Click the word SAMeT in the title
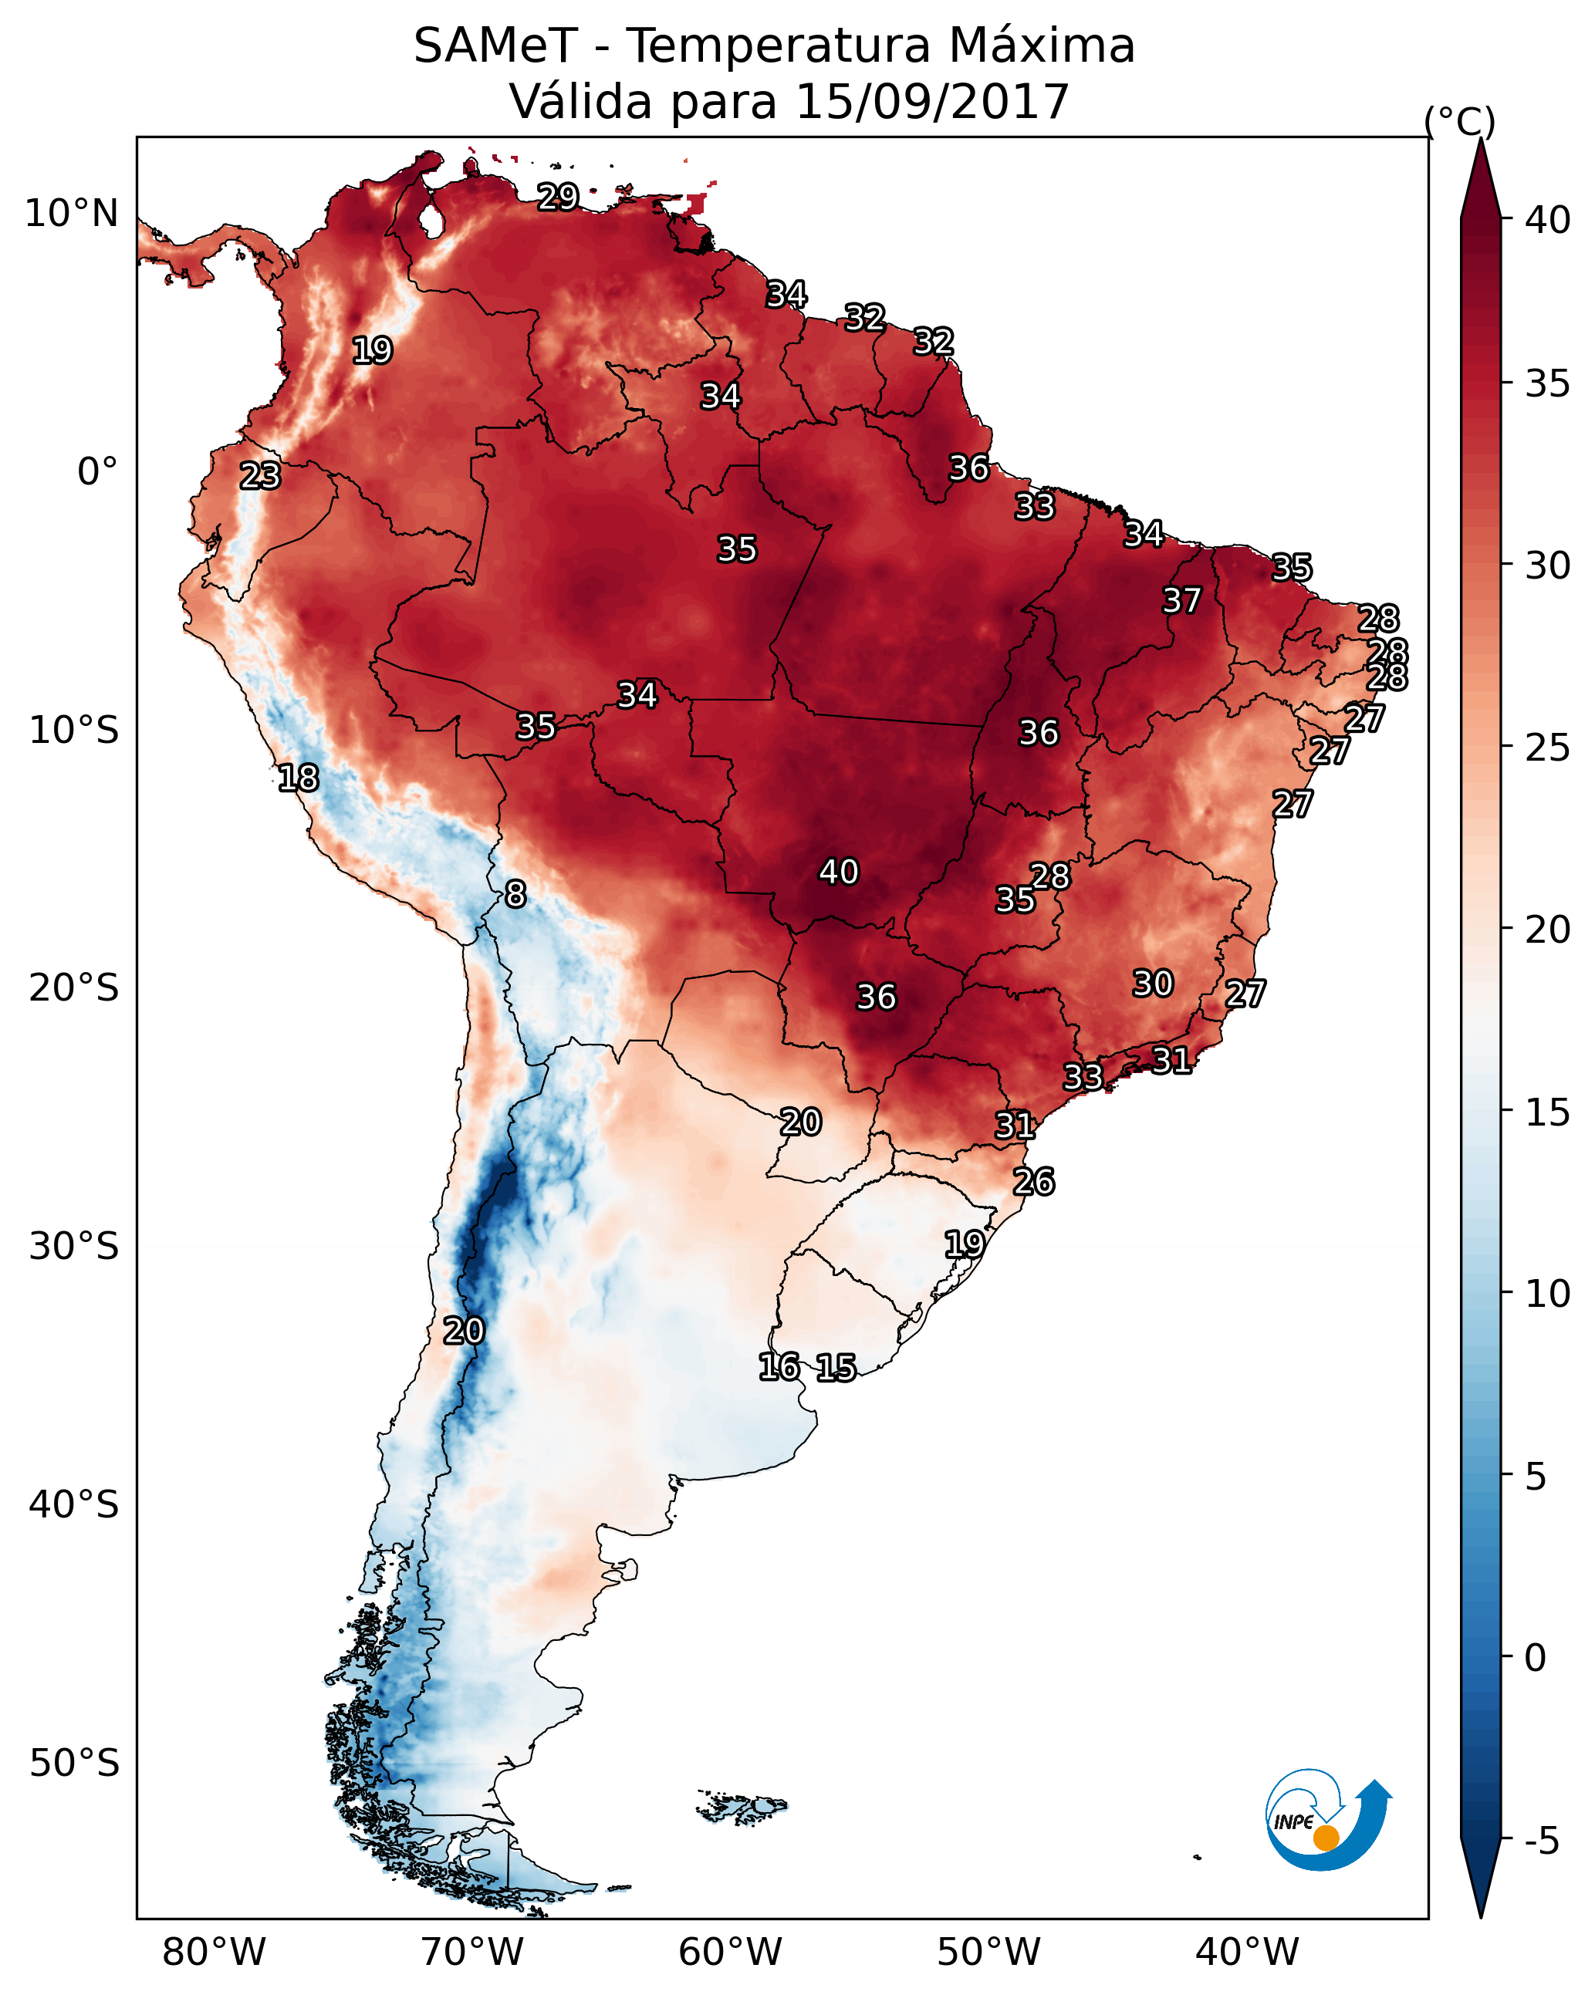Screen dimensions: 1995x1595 (495, 46)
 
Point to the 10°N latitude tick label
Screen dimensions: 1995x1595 (71, 214)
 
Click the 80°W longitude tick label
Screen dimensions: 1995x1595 (214, 1952)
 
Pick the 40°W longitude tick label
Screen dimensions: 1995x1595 (1247, 1952)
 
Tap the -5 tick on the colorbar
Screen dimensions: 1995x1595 (1541, 1841)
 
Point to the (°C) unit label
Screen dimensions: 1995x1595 (1459, 121)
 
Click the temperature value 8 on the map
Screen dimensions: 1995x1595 (515, 894)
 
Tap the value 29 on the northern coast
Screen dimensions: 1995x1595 (558, 196)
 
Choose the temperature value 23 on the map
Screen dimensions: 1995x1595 (260, 476)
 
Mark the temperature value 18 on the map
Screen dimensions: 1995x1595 (298, 778)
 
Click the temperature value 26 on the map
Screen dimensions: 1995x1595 (1033, 1182)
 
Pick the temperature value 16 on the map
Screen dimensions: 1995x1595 (779, 1367)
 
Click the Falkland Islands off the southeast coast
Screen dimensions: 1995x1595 (742, 1805)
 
